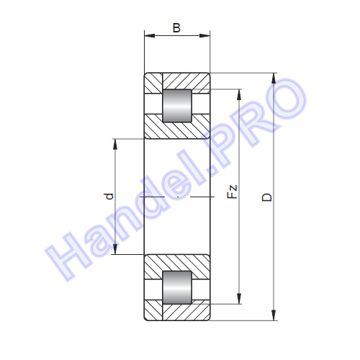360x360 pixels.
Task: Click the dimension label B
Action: [x=176, y=28]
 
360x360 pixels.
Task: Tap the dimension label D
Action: [x=267, y=197]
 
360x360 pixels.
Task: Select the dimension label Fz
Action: [x=232, y=192]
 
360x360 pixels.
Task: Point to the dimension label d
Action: [x=109, y=196]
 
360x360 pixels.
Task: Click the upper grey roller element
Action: [x=177, y=106]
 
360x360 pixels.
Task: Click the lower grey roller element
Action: [x=177, y=287]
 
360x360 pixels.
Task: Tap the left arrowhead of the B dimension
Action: [x=150, y=36]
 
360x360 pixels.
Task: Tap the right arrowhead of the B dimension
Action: [x=204, y=36]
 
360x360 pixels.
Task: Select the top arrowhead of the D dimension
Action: [x=274, y=78]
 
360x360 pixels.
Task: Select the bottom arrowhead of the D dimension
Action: [x=274, y=315]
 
